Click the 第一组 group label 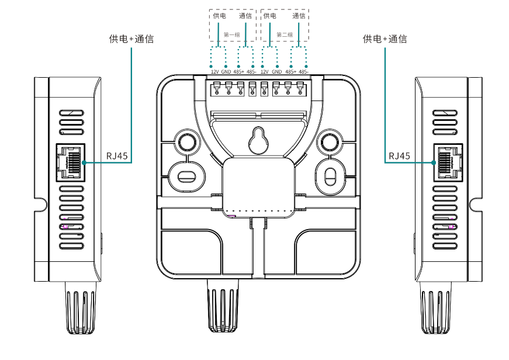232,35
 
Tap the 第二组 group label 285,35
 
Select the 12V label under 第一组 215,72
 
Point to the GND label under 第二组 276,72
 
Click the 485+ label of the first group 238,72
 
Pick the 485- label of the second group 303,72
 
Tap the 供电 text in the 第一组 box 219,16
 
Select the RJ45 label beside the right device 400,157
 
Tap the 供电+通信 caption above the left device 131,39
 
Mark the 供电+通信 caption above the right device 385,39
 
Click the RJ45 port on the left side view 70,161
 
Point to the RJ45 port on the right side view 446,161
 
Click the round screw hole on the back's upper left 186,141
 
